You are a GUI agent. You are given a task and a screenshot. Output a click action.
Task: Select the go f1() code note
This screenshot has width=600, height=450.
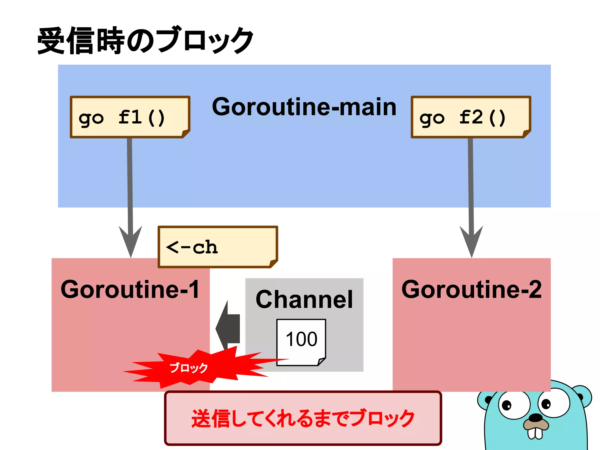click(x=130, y=117)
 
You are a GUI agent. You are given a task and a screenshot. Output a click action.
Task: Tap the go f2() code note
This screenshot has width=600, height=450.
click(x=471, y=117)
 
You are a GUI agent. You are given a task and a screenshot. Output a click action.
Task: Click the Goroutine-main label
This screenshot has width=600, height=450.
click(x=304, y=107)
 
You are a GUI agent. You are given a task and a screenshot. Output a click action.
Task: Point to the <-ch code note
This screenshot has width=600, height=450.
click(x=217, y=247)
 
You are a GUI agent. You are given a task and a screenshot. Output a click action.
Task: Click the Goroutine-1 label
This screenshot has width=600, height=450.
click(x=130, y=289)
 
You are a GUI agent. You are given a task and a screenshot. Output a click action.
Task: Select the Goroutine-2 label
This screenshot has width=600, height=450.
click(x=471, y=289)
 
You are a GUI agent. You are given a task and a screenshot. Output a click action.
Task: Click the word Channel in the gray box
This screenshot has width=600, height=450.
click(x=304, y=299)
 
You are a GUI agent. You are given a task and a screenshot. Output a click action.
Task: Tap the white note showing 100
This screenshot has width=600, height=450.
click(x=301, y=340)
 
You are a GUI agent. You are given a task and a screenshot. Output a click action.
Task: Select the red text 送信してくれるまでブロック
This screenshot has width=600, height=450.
click(x=303, y=418)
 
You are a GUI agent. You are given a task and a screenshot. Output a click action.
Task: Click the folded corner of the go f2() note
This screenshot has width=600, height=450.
click(x=526, y=134)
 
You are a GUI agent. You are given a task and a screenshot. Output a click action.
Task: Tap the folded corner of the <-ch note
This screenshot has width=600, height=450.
click(x=273, y=263)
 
